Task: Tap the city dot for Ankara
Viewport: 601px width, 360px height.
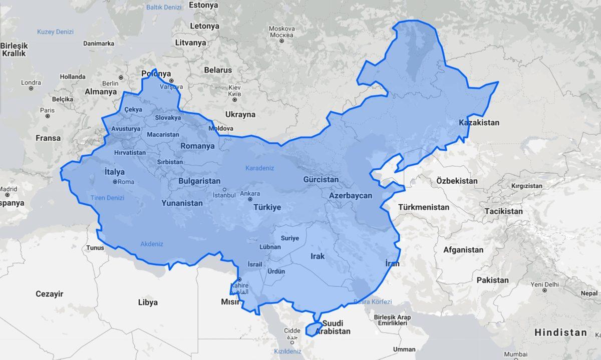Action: click(250, 199)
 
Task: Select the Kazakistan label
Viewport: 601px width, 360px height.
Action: click(479, 123)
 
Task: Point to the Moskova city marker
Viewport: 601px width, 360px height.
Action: click(281, 41)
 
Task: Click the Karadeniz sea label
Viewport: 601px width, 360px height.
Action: click(259, 168)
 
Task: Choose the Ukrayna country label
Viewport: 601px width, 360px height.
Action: click(240, 114)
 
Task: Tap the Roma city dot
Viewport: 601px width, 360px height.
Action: click(115, 182)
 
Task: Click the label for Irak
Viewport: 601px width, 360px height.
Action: click(318, 256)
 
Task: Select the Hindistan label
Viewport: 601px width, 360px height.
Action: click(560, 332)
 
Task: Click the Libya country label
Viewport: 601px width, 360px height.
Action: click(148, 302)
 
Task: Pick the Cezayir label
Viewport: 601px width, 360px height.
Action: click(49, 294)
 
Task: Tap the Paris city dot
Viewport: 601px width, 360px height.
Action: click(47, 116)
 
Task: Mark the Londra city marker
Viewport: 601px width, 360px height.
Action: click(31, 89)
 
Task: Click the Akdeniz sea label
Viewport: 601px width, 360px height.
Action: click(152, 244)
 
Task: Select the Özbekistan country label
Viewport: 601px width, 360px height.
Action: click(456, 180)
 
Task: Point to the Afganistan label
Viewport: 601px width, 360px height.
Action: click(463, 249)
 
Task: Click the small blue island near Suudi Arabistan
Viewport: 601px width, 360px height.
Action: click(314, 328)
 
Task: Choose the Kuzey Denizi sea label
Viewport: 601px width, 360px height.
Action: click(55, 32)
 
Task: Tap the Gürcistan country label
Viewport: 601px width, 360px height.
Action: click(321, 179)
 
